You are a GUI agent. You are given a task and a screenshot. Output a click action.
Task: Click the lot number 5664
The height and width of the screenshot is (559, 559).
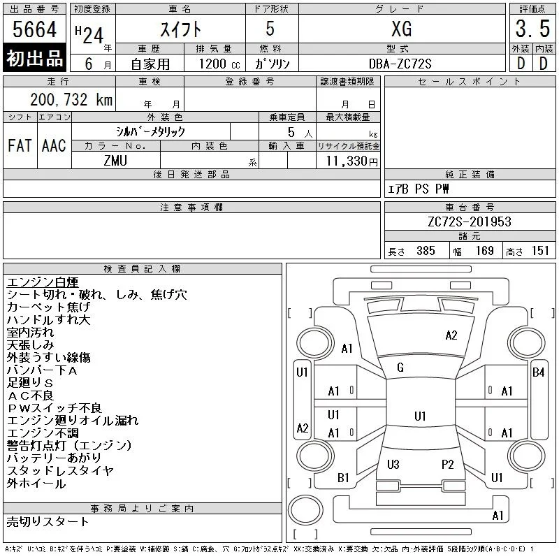coord(34,29)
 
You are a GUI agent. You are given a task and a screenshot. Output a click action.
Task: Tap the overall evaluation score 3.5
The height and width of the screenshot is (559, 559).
coord(532,29)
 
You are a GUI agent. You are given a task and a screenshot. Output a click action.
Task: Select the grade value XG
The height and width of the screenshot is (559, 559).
coord(402,29)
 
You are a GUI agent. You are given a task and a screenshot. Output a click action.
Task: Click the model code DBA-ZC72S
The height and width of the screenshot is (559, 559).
coord(400,64)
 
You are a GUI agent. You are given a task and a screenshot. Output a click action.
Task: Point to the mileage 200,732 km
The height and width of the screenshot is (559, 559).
coord(71,99)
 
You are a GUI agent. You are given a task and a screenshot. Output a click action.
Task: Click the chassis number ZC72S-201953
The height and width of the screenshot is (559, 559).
coord(470,222)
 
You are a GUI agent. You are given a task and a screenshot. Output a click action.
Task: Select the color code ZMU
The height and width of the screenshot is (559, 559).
coord(115,161)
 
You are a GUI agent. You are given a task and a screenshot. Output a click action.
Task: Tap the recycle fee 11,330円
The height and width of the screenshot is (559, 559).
coord(351,161)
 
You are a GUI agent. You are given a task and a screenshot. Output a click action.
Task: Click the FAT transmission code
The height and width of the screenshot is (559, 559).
coord(20,145)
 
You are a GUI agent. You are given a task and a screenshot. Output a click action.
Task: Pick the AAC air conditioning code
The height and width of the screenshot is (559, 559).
coord(54,145)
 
